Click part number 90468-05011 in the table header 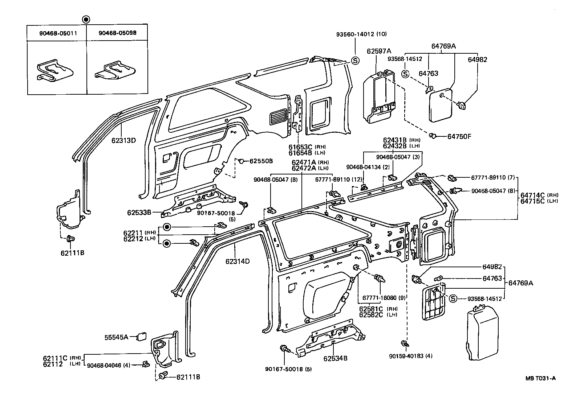click(x=56, y=33)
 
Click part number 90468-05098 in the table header click(x=117, y=33)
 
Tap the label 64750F click(x=459, y=136)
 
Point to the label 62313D click(x=123, y=140)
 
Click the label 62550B click(x=261, y=160)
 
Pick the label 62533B click(x=139, y=213)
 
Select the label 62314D click(x=238, y=261)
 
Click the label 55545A click(x=116, y=337)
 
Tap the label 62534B click(x=336, y=358)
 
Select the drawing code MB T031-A click(x=540, y=378)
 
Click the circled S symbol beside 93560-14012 click(x=355, y=61)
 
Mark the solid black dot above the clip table click(x=85, y=19)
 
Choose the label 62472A click(x=304, y=168)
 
